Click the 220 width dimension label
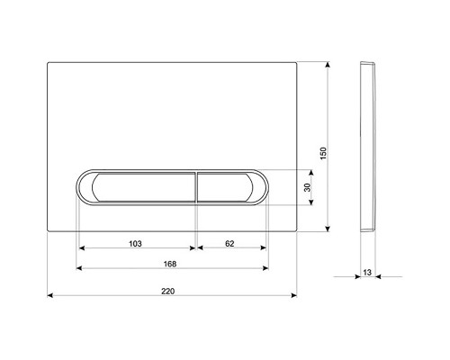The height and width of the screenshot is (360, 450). pos(167,291)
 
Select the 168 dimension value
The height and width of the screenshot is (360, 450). pos(170,264)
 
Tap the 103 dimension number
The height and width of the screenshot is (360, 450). pos(135,244)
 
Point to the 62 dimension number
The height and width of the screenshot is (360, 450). pos(229,244)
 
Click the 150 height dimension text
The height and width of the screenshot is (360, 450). pos(323,153)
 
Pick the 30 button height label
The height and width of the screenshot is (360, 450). pos(307,187)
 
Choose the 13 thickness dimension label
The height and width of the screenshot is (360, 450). pos(367,273)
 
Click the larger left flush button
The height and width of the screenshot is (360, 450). pos(143,187)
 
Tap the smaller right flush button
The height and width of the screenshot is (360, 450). pos(225,187)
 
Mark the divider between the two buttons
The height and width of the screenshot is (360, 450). pos(196,187)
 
